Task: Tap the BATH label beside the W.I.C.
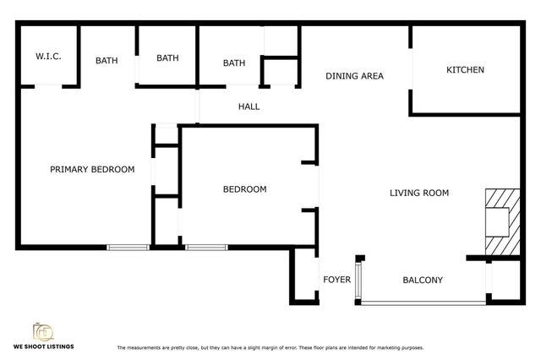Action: (x=107, y=60)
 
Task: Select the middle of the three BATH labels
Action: (x=167, y=58)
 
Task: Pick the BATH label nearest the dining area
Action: (x=234, y=63)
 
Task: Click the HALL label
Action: (x=249, y=106)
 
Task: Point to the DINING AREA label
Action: (x=355, y=76)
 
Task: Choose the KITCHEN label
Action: (x=465, y=69)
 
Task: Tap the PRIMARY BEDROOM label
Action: (x=92, y=169)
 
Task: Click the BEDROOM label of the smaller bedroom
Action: (x=244, y=189)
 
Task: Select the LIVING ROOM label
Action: (x=418, y=193)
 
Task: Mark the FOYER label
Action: (x=336, y=280)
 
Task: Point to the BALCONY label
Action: (x=423, y=280)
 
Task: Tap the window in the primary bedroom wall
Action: (x=128, y=247)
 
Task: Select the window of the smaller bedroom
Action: (x=205, y=247)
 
